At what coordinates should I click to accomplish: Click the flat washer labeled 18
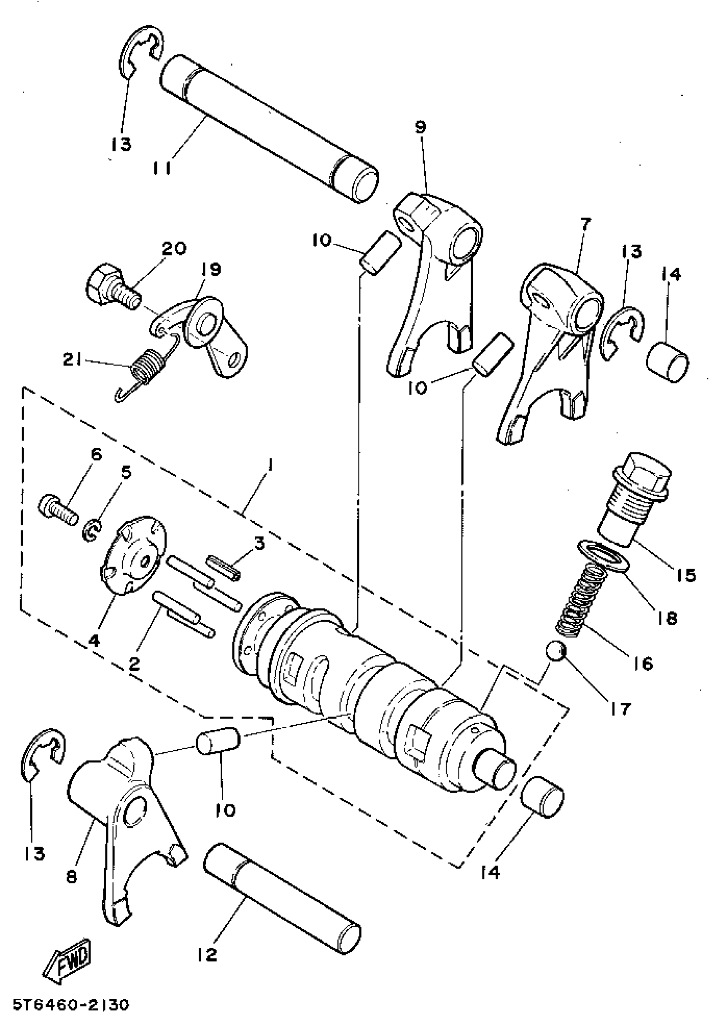click(x=603, y=555)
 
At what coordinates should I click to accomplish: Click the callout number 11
click(x=162, y=169)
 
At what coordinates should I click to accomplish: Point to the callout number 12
click(x=207, y=955)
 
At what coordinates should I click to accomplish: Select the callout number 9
click(x=420, y=127)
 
